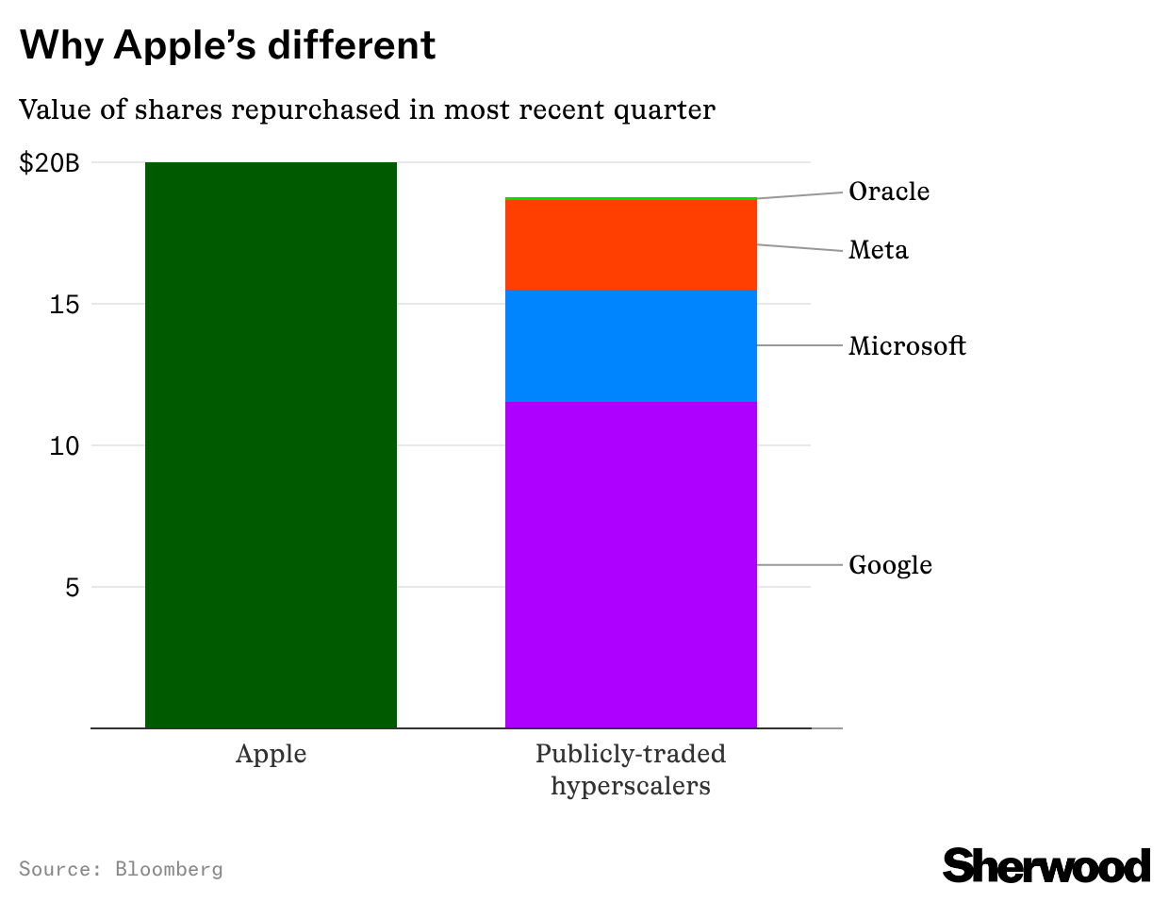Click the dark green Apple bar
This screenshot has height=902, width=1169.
tap(271, 444)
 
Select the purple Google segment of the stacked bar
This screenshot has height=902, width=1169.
tap(631, 564)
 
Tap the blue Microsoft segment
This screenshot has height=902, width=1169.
tap(631, 345)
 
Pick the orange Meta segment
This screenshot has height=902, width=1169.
tap(631, 244)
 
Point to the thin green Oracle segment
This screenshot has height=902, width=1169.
tap(631, 198)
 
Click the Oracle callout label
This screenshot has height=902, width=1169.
tap(888, 192)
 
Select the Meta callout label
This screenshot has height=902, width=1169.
tap(878, 250)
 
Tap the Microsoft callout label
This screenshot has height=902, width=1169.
tap(907, 346)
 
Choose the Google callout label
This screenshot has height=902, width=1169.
tap(890, 565)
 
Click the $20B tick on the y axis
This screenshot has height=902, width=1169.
tap(49, 163)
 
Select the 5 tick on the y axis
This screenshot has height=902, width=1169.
tap(72, 588)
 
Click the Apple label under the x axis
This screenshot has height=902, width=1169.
tap(271, 755)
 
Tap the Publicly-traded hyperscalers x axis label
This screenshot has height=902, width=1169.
tap(631, 770)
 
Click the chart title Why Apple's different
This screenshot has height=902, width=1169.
tap(227, 44)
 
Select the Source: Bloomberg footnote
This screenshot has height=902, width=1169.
tap(121, 869)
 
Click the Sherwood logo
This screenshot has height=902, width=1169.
tap(1046, 865)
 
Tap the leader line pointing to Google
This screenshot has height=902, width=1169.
tap(799, 565)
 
